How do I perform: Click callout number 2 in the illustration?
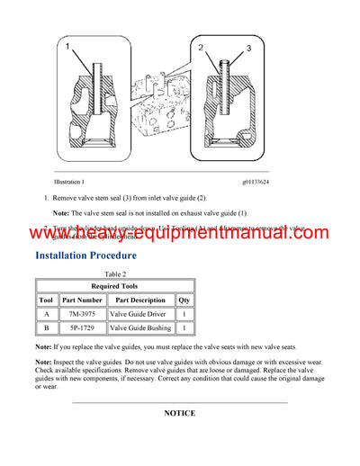pyautogui.click(x=203, y=46)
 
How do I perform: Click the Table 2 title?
pyautogui.click(x=114, y=274)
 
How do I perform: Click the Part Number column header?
pyautogui.click(x=82, y=300)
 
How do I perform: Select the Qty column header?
pyautogui.click(x=184, y=300)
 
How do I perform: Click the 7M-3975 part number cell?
pyautogui.click(x=82, y=315)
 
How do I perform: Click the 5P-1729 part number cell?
pyautogui.click(x=82, y=329)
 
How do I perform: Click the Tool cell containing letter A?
pyautogui.click(x=47, y=315)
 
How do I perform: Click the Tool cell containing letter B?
pyautogui.click(x=47, y=329)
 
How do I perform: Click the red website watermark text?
pyautogui.click(x=180, y=235)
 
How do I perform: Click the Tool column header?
pyautogui.click(x=47, y=300)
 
